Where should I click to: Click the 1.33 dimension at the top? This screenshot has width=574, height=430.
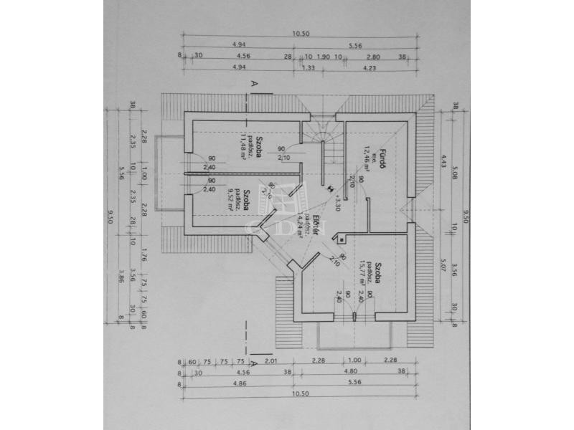(x=309, y=68)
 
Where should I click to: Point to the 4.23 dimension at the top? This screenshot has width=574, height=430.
(x=370, y=68)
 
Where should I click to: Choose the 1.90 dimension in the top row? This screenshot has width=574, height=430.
(x=323, y=56)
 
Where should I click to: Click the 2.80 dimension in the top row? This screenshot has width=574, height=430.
(x=372, y=56)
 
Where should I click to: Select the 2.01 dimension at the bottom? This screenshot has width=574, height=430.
(x=270, y=361)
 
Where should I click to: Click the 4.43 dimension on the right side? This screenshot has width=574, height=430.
(x=445, y=160)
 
